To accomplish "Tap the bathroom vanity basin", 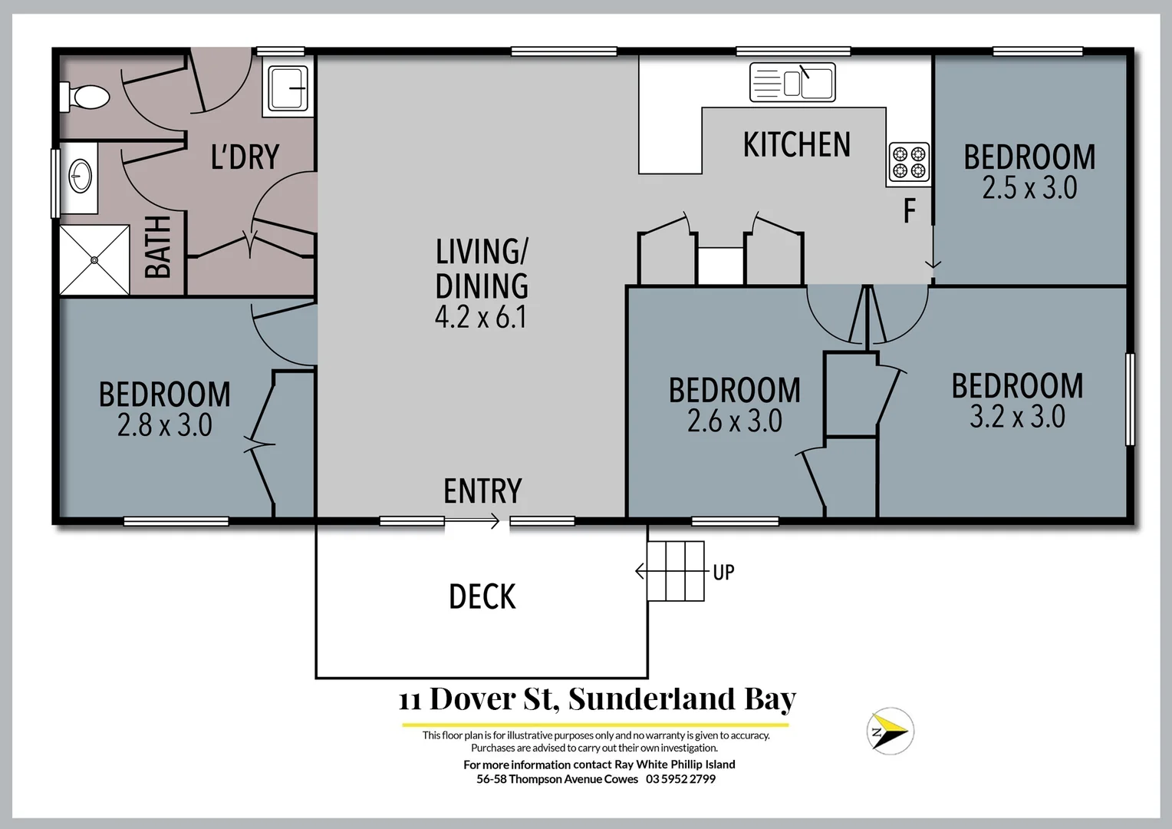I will point(80,177).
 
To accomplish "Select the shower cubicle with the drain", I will point(95,259).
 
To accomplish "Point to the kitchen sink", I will point(792,82).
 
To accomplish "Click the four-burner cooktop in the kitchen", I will point(909,163).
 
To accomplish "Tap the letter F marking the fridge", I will point(910,210).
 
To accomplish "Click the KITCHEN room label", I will point(796,145).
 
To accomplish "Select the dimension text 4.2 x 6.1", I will point(481,317).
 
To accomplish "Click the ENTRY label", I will point(482,491).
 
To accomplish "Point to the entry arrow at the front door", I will point(472,522).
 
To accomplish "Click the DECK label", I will point(482,597).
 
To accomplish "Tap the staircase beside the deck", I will point(676,571).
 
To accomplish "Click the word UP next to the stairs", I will point(723,573).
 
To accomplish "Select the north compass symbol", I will point(890,731).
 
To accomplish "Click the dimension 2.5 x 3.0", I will point(1029,188).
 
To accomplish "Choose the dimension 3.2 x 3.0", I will point(1017,417).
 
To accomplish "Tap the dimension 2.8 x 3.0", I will point(164,425).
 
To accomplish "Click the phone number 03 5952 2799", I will point(680,779).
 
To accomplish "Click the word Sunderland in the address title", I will point(652,699).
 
